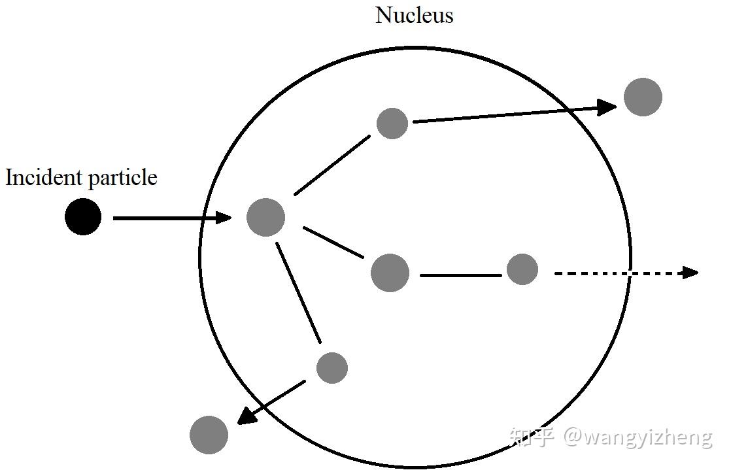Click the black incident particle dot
point(83,217)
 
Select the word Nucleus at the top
point(414,16)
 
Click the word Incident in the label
point(43,178)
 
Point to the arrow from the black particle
point(170,218)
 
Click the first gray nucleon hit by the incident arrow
point(265,218)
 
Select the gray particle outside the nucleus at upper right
point(643,97)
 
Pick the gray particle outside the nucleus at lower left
point(209,435)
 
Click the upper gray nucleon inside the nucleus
point(392,124)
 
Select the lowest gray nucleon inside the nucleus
point(332,368)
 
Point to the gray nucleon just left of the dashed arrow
point(522,269)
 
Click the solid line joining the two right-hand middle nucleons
point(460,275)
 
